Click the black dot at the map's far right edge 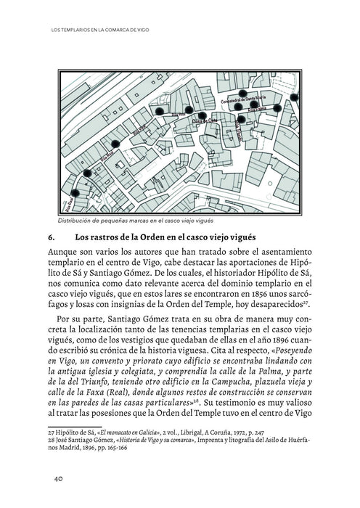click(293, 97)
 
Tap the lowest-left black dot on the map click(73, 194)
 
